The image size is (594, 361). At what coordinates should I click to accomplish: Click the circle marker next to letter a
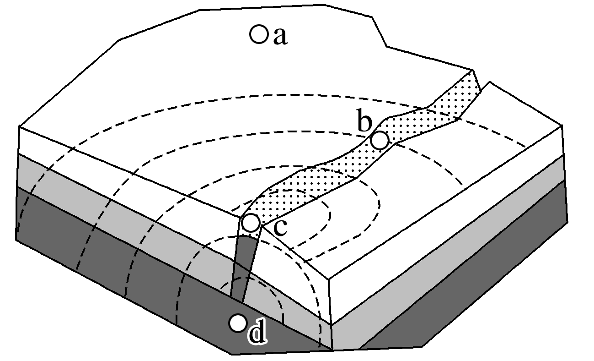click(x=258, y=34)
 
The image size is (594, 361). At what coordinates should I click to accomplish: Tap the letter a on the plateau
click(x=280, y=37)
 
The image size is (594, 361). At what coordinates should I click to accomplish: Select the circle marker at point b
click(x=379, y=140)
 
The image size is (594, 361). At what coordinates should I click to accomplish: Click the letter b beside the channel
click(x=364, y=123)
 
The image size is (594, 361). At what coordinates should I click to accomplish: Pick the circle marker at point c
click(x=251, y=223)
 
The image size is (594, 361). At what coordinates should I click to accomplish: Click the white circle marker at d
click(x=237, y=323)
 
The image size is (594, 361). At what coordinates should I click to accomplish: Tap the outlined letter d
click(x=257, y=334)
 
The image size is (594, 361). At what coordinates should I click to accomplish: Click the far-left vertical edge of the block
click(x=19, y=183)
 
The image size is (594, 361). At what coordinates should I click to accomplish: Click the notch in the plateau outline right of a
click(x=386, y=46)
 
